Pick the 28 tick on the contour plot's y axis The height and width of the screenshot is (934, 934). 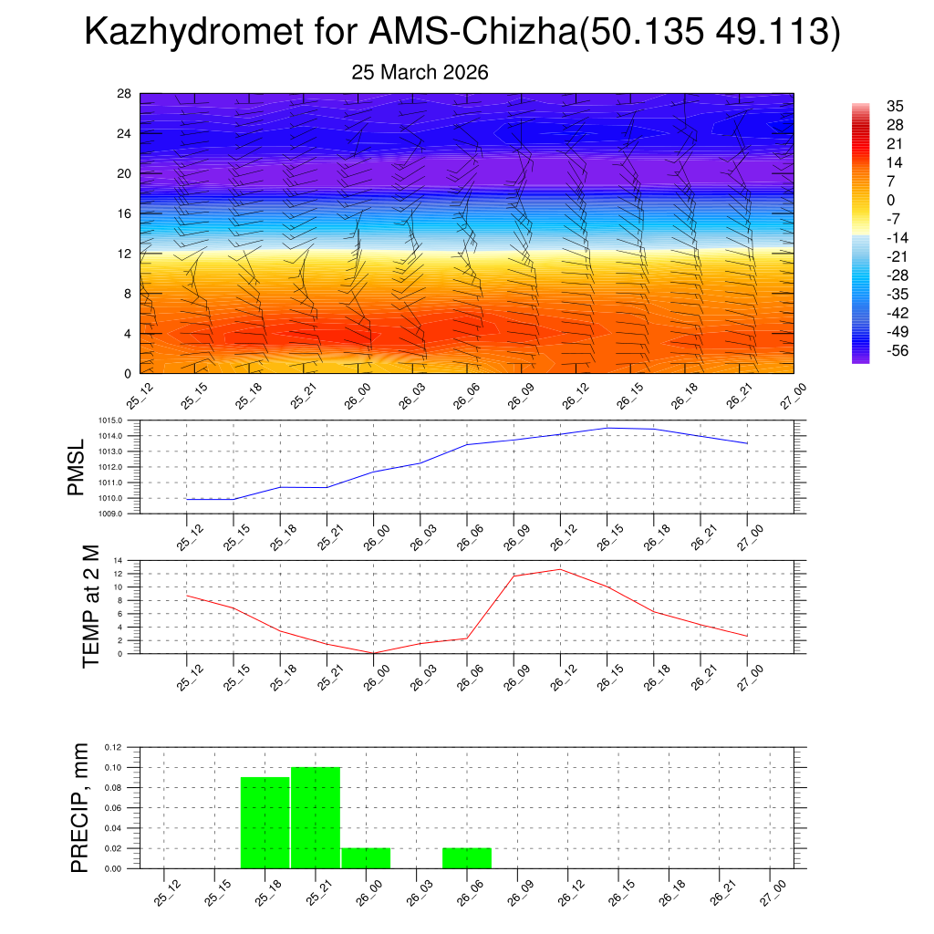click(125, 94)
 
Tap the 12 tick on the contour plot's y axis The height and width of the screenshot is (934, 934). click(125, 254)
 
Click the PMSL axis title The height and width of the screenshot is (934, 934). click(77, 466)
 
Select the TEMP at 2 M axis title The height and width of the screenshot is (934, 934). click(90, 606)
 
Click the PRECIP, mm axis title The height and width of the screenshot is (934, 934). click(81, 808)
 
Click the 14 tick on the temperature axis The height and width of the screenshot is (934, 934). click(119, 560)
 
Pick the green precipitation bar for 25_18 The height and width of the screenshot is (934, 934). click(265, 823)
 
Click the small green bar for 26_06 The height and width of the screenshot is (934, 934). click(467, 858)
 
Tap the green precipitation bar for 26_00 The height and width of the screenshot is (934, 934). click(366, 858)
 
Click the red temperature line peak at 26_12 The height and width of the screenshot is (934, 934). click(559, 569)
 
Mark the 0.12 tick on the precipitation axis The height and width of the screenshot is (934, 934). click(112, 747)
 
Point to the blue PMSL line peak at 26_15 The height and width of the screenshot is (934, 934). click(607, 428)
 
